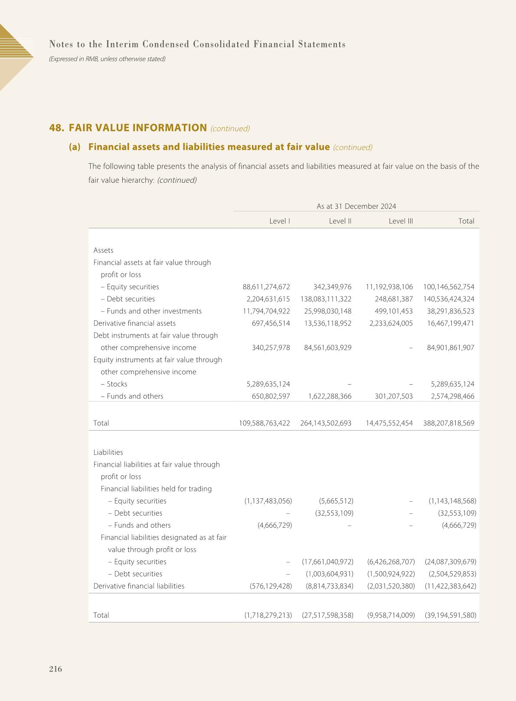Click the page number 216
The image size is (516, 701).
coord(56,669)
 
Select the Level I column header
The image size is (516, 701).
coord(279,221)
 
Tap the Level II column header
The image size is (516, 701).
coord(340,221)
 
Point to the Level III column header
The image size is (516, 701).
coord(401,221)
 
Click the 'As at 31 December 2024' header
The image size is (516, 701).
coord(356,206)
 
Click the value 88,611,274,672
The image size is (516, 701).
coord(266,287)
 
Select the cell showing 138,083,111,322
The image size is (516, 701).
coord(326,299)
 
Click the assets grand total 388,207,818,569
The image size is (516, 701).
coord(448,423)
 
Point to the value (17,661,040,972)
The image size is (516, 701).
coord(327,562)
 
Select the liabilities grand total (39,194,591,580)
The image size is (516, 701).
coord(451,615)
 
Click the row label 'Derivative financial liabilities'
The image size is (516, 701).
coord(139,586)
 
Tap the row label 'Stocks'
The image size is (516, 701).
coord(117,384)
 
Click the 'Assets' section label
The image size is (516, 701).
coord(103,250)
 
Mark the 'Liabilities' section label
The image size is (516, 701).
coord(108,452)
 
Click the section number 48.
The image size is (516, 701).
coord(56,128)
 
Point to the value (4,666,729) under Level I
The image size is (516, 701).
coord(268,525)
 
